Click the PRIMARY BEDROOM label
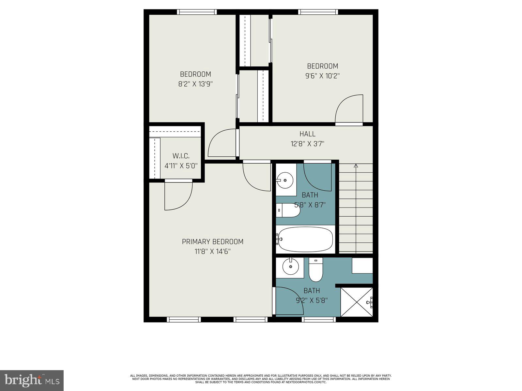(x=212, y=242)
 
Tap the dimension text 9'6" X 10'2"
(x=322, y=76)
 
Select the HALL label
(x=307, y=134)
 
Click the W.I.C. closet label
(x=181, y=156)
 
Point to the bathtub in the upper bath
(x=305, y=239)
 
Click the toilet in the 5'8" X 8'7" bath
(x=288, y=210)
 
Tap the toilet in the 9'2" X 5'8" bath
(x=315, y=270)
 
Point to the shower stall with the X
(x=356, y=302)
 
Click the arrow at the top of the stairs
(x=356, y=166)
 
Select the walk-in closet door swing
(x=178, y=195)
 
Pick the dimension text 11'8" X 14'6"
(x=212, y=252)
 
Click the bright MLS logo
(x=32, y=381)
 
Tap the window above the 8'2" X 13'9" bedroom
(x=197, y=12)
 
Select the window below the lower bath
(x=318, y=320)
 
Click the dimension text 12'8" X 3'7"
(x=307, y=144)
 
